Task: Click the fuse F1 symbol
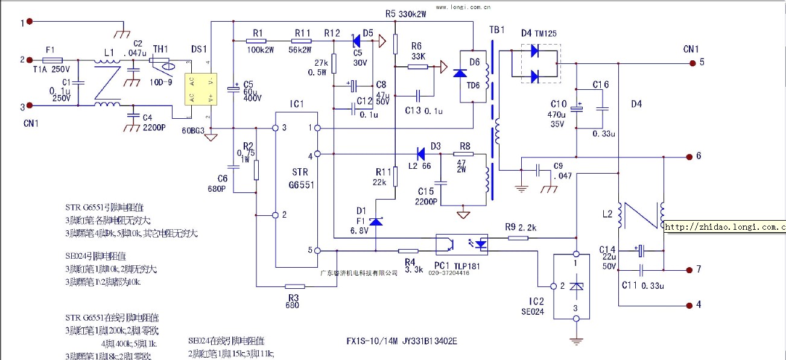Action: pyautogui.click(x=53, y=60)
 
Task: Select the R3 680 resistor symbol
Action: pyautogui.click(x=294, y=286)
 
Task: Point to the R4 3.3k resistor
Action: pyautogui.click(x=408, y=250)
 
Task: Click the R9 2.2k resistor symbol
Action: pyautogui.click(x=518, y=238)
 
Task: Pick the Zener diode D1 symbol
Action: pyautogui.click(x=376, y=222)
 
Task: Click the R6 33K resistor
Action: pyautogui.click(x=417, y=66)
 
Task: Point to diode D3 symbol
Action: pyautogui.click(x=421, y=154)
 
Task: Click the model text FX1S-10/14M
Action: pyautogui.click(x=372, y=341)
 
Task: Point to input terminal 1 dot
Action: pyautogui.click(x=28, y=22)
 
